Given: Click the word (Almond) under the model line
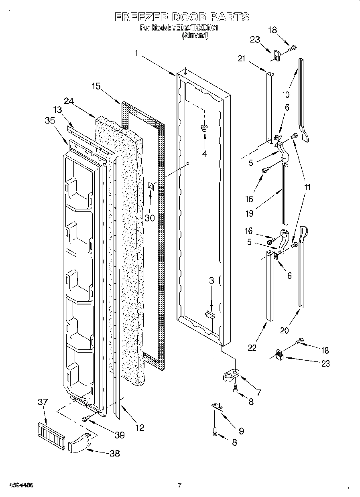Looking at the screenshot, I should click(x=195, y=35).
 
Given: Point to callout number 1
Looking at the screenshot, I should click(x=136, y=53).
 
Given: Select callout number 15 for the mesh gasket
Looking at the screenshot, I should click(x=96, y=86).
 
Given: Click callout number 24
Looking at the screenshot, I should click(x=69, y=102).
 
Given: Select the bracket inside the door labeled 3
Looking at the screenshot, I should click(x=209, y=315).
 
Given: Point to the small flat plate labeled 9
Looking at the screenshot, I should click(x=217, y=406).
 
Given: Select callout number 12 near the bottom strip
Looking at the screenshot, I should click(x=139, y=428).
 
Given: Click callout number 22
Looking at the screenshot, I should click(x=252, y=347).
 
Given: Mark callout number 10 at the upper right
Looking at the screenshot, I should click(x=285, y=95).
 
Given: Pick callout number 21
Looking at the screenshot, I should click(x=241, y=59).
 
